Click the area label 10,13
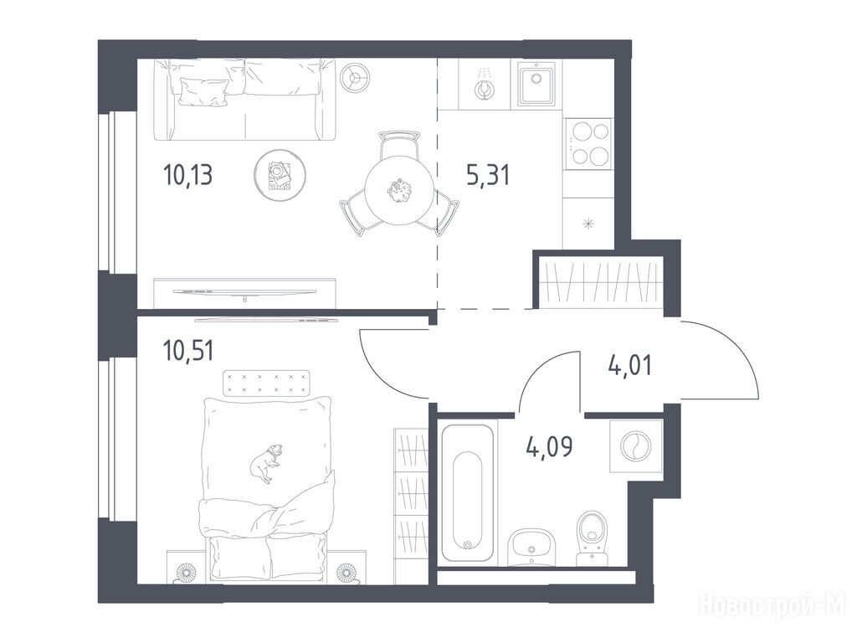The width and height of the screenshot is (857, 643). coord(187,176)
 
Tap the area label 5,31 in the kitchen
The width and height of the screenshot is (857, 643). coord(488,175)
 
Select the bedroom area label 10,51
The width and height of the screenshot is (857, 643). coord(188,351)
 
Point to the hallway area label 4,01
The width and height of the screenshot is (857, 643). coord(629,365)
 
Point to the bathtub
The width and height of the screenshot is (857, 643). coord(467,492)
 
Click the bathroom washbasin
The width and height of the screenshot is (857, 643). coord(531,547)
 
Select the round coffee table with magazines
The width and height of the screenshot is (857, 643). coord(280,176)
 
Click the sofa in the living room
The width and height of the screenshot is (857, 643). coord(244,99)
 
